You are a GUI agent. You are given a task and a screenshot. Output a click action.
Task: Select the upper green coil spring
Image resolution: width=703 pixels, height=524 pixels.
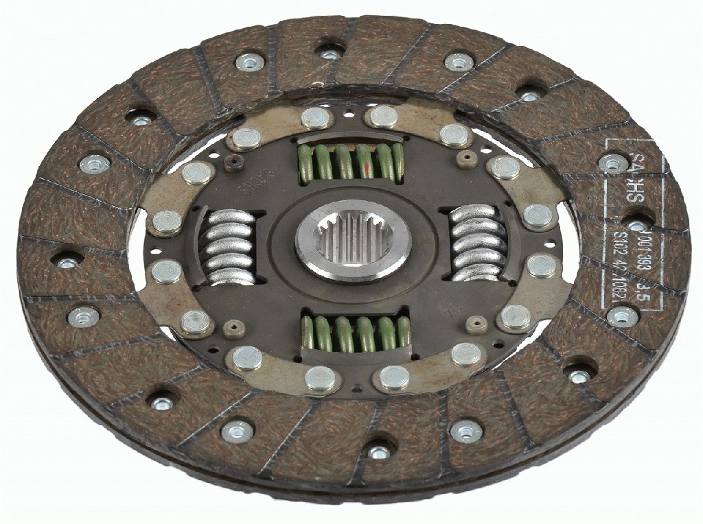(350, 165)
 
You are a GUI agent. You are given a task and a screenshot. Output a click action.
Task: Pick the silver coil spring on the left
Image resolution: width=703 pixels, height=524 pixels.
(231, 247)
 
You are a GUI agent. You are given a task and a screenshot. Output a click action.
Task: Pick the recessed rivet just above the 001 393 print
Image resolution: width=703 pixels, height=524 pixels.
(638, 226)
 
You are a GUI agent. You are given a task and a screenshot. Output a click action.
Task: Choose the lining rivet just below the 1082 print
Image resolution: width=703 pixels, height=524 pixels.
(623, 316)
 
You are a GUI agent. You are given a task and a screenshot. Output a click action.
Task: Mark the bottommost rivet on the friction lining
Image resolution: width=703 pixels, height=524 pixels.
(378, 453)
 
